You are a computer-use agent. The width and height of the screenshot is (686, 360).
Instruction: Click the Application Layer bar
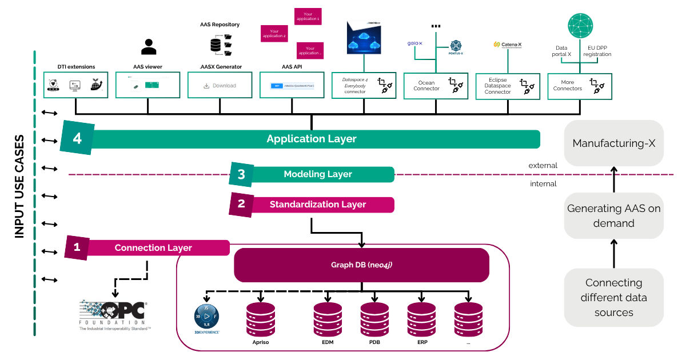[x=312, y=139]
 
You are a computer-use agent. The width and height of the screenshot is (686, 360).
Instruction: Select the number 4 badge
[x=77, y=138]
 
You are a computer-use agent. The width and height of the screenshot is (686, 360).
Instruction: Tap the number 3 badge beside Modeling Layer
[x=241, y=174]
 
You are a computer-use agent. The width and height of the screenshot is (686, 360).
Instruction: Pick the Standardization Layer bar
[x=318, y=205]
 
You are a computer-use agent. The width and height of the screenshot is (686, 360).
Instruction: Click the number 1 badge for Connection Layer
[x=77, y=247]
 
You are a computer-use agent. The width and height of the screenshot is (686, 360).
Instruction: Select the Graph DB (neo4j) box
[x=361, y=265]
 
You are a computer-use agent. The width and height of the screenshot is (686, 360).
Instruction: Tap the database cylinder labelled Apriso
[x=261, y=319]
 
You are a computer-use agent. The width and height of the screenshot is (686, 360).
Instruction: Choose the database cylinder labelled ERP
[x=422, y=319]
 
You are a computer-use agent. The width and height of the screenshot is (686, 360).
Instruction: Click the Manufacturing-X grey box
[x=613, y=143]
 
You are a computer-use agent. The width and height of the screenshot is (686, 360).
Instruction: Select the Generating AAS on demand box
[x=613, y=215]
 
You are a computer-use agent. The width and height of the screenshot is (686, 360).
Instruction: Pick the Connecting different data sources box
[x=613, y=298]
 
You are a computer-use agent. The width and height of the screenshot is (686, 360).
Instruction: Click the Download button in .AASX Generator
[x=220, y=86]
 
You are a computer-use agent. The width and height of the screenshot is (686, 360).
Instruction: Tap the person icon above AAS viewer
[x=149, y=46]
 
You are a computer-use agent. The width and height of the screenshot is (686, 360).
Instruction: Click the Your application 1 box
[x=308, y=17]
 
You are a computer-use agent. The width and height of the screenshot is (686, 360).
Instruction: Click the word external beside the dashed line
[x=543, y=166]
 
